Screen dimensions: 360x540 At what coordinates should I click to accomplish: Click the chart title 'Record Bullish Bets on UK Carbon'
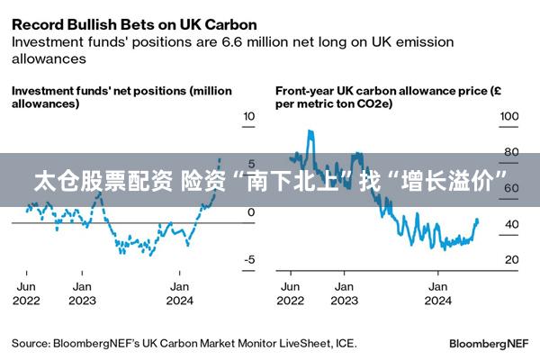(133, 24)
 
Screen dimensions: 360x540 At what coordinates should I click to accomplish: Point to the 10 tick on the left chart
(249, 116)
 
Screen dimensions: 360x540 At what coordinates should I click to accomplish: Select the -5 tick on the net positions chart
(249, 260)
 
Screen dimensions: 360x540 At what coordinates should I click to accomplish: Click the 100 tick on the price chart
(510, 116)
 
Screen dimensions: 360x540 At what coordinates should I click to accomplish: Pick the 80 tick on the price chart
(510, 152)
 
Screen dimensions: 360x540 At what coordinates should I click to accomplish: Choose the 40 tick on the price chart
(510, 224)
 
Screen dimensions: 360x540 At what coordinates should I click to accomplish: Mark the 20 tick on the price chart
(510, 260)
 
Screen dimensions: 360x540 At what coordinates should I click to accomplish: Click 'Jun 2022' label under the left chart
(26, 292)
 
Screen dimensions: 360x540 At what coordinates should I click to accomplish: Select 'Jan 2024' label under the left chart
(180, 292)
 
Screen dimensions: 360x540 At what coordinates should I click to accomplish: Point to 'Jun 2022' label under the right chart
(292, 292)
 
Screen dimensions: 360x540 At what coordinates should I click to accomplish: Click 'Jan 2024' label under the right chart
(438, 292)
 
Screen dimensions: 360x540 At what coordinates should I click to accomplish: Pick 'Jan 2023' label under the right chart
(344, 292)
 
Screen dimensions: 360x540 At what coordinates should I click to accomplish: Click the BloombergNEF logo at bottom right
(489, 344)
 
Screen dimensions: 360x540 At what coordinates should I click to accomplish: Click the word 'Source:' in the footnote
(31, 344)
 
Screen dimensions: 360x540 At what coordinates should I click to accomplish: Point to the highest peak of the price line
(310, 131)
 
